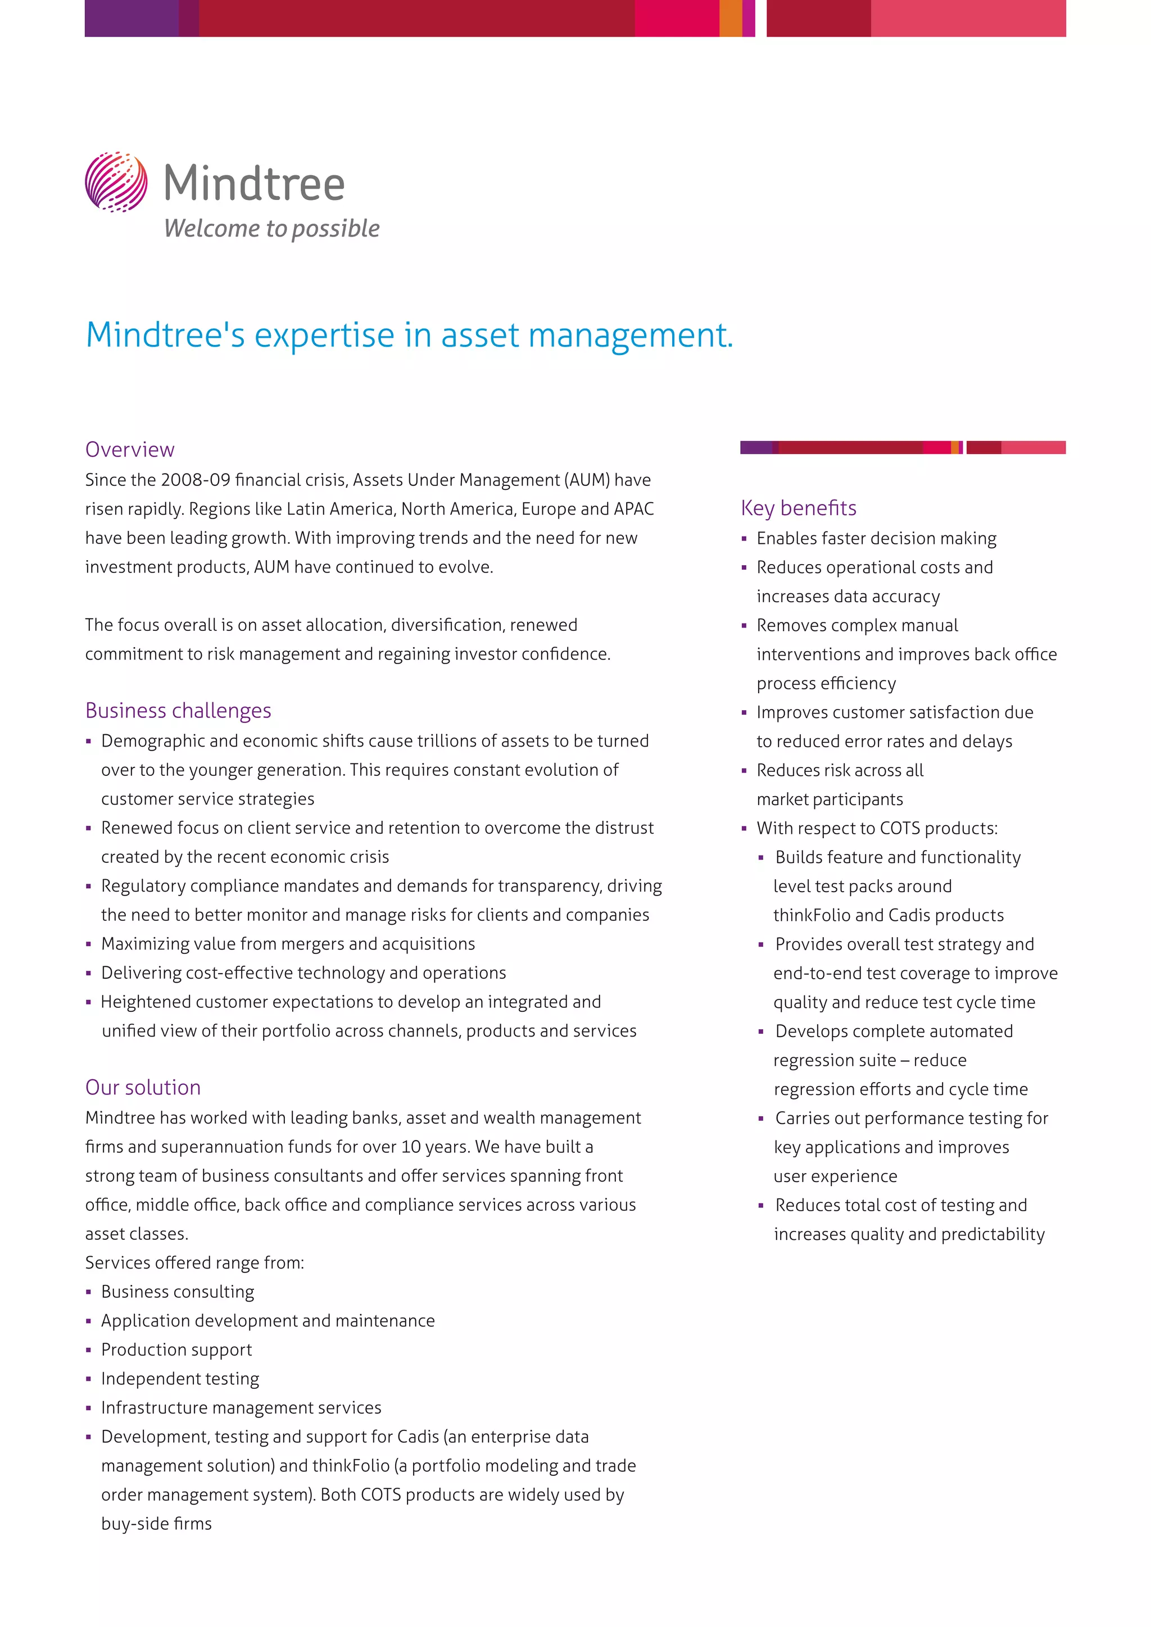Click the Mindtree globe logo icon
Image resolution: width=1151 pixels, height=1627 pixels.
(116, 181)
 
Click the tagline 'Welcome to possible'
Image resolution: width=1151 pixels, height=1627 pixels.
(271, 228)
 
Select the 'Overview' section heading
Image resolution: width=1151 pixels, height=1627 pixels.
(130, 449)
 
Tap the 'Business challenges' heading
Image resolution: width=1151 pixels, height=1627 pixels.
(178, 710)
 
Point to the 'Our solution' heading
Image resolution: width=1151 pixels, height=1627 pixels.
(143, 1087)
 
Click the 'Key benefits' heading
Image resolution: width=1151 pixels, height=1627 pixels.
(798, 507)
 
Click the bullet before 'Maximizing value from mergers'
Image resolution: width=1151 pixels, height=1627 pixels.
(89, 944)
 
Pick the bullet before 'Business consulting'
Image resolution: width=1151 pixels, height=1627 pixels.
(89, 1293)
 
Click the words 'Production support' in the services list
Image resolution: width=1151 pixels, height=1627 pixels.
(176, 1350)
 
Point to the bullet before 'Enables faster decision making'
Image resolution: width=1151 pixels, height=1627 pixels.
(744, 539)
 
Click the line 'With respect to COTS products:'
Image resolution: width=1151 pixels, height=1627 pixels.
(877, 828)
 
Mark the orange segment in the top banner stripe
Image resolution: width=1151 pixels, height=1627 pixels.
(730, 19)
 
